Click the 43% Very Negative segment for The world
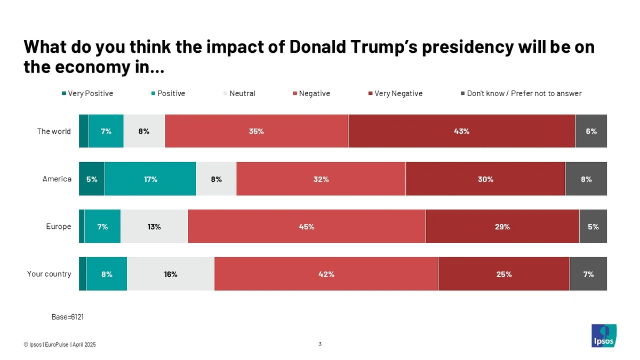[461, 131]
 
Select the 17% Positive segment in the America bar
[150, 179]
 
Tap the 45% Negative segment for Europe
[307, 227]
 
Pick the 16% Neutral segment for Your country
[171, 274]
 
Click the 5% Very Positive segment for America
[92, 179]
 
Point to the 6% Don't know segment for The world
[591, 131]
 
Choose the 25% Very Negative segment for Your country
[504, 274]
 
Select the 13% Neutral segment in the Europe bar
[154, 227]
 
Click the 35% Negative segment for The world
[257, 131]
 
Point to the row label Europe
[59, 227]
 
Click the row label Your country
[49, 274]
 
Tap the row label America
[57, 179]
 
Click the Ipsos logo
[604, 336]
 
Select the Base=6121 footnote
[68, 317]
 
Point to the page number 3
[320, 344]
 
